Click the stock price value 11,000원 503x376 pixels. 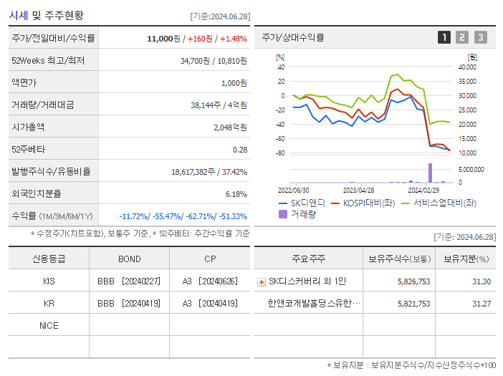coord(164,38)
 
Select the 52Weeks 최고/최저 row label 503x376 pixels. coord(48,61)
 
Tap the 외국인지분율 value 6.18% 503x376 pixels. coord(236,194)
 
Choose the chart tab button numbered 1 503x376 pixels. coord(444,37)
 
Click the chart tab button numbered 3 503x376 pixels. coord(480,37)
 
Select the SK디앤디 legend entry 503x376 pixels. coord(301,203)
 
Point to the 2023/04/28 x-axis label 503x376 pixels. coord(358,191)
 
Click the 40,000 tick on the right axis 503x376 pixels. coord(466,67)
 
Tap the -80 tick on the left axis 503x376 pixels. coord(280,153)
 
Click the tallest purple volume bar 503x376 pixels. coord(430,173)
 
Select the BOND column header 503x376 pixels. coord(130,259)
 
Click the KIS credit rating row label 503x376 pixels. coord(49,281)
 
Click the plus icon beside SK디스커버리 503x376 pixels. coord(261,281)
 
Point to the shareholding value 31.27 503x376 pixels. coord(481,304)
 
